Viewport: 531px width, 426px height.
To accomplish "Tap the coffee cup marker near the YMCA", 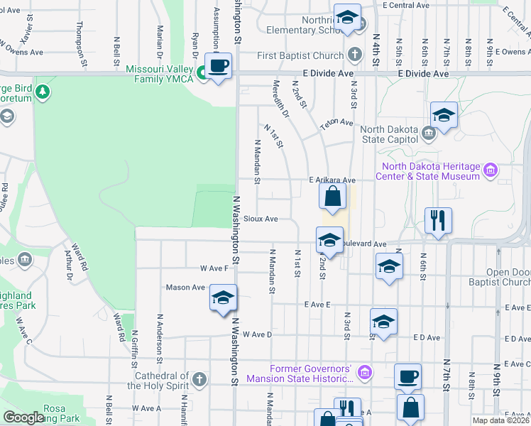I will [x=219, y=66].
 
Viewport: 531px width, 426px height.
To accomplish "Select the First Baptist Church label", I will [x=300, y=55].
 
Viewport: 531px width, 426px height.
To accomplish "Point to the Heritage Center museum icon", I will [x=490, y=170].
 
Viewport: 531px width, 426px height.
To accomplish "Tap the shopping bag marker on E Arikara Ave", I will [x=332, y=196].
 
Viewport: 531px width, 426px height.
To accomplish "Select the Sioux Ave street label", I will [x=261, y=219].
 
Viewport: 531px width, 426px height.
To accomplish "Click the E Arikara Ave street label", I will [x=332, y=180].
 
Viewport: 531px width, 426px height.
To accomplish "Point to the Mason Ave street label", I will [x=185, y=288].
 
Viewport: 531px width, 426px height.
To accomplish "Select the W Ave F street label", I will [x=214, y=268].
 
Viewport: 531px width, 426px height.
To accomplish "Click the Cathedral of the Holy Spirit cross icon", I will [x=199, y=378].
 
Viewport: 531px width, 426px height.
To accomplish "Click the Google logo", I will [x=23, y=417].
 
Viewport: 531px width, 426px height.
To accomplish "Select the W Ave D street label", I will [x=257, y=334].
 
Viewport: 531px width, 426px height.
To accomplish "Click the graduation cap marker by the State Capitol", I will [x=444, y=115].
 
